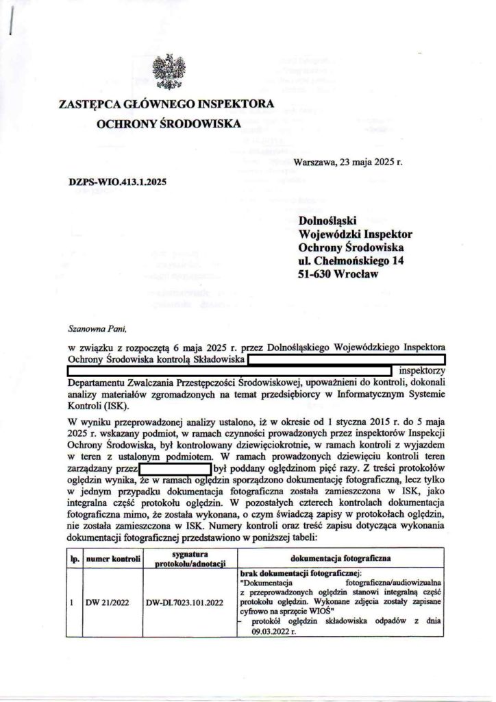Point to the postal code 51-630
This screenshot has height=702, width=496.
click(318, 273)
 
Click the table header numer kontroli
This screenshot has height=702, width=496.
click(113, 559)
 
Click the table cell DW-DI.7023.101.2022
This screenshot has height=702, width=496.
click(185, 603)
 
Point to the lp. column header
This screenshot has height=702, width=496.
click(73, 559)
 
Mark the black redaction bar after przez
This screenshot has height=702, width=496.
click(175, 469)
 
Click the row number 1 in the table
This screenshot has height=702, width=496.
click(72, 603)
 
